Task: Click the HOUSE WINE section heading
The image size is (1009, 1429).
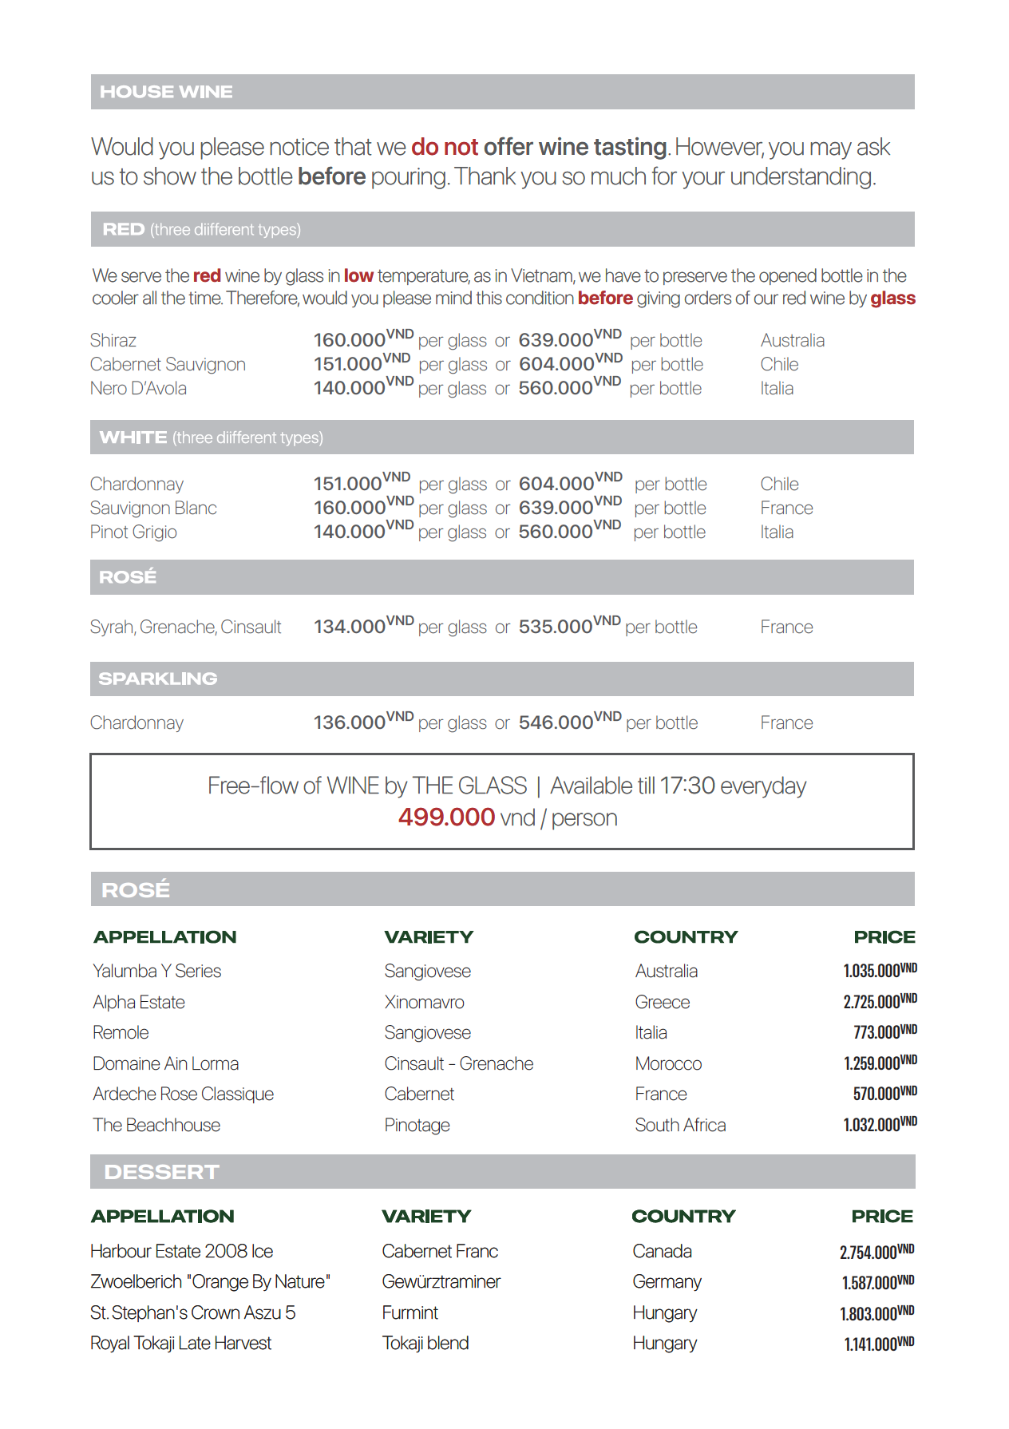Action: (x=166, y=92)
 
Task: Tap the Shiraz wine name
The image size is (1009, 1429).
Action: (x=113, y=341)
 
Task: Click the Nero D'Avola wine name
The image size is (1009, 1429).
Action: (x=138, y=389)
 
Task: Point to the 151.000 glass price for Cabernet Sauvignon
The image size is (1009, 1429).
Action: (x=348, y=364)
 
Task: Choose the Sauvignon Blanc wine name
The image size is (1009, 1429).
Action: (x=153, y=509)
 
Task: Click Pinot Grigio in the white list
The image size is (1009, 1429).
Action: (x=133, y=532)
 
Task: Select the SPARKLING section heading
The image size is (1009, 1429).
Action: (x=157, y=679)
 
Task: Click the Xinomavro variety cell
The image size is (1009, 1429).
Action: (x=424, y=1003)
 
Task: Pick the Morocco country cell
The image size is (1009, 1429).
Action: (x=668, y=1064)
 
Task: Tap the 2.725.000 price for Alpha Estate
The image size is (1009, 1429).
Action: (x=872, y=1003)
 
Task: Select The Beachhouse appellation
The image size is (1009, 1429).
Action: (x=156, y=1126)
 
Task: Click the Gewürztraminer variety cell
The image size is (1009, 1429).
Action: (x=441, y=1282)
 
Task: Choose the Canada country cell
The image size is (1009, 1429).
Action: (x=662, y=1252)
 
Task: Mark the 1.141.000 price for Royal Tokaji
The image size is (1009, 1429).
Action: (x=871, y=1345)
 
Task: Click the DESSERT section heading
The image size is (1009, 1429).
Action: (x=161, y=1172)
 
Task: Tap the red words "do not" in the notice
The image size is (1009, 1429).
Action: (x=444, y=148)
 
